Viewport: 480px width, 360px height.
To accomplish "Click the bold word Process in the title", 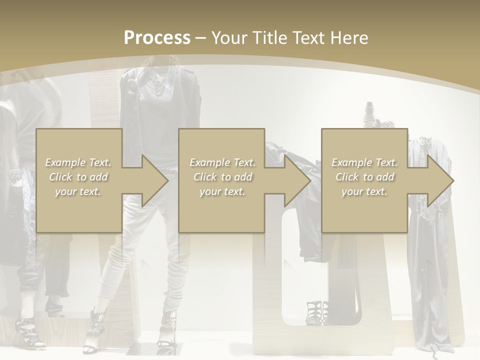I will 157,38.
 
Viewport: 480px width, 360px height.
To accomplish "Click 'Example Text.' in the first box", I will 78,162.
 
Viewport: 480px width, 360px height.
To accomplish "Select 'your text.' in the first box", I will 78,191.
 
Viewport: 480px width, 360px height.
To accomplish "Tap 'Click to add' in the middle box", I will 222,177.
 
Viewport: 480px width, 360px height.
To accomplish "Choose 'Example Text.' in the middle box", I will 222,162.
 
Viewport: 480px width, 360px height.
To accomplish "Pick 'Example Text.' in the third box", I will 364,162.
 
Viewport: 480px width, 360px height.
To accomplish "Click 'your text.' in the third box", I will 364,191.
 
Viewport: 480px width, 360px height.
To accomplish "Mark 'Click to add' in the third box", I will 364,177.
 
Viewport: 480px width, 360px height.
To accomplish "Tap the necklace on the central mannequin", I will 159,86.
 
